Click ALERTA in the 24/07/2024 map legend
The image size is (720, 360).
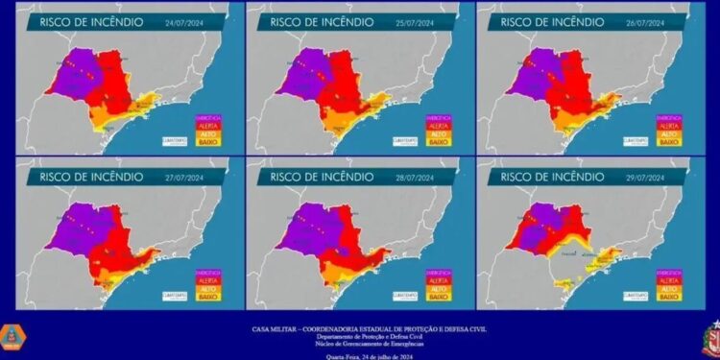pyautogui.click(x=207, y=124)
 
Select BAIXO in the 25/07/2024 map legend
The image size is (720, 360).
pyautogui.click(x=438, y=142)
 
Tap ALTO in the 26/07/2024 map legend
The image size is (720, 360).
pyautogui.click(x=669, y=133)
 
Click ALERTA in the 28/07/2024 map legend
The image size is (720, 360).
pyautogui.click(x=438, y=279)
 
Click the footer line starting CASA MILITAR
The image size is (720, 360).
pyautogui.click(x=360, y=326)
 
